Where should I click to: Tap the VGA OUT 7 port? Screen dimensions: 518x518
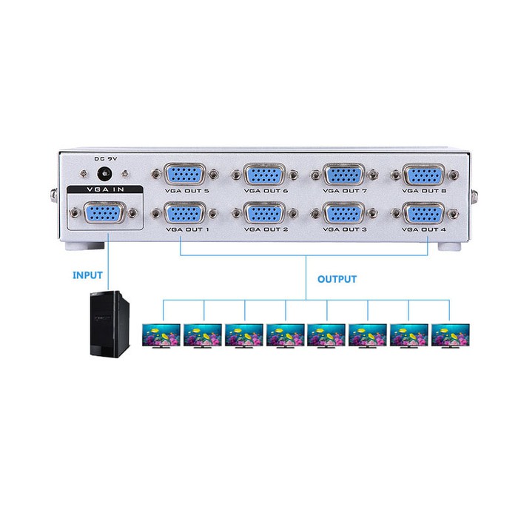tap(343, 175)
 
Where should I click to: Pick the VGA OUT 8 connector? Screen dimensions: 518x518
tap(423, 175)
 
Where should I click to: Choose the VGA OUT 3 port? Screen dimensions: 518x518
tap(343, 215)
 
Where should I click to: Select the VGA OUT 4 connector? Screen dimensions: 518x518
tap(423, 215)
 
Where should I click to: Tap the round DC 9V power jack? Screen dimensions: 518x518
tap(106, 175)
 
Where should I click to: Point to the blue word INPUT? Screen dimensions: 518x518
tap(87, 275)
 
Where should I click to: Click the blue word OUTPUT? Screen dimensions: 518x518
tap(337, 280)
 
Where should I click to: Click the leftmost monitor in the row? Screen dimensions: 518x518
tap(161, 335)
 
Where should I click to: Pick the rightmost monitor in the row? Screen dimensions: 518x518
tap(450, 335)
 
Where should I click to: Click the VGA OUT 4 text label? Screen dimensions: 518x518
tap(423, 230)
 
